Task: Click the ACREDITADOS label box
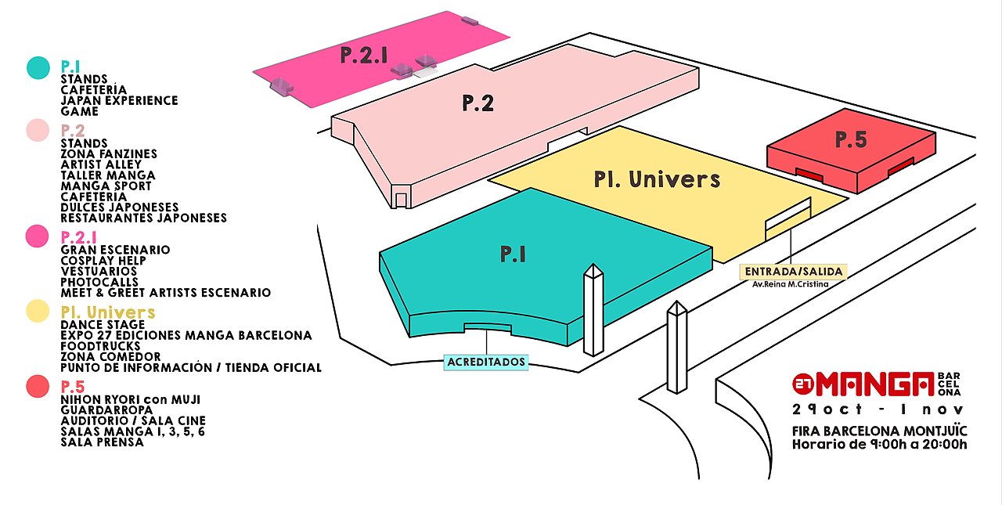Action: tap(485, 363)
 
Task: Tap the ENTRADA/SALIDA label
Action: tap(793, 272)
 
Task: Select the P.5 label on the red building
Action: tap(851, 140)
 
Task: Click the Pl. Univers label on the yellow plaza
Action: tap(657, 179)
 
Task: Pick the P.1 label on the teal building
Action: tap(513, 254)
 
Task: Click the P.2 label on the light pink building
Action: tap(478, 103)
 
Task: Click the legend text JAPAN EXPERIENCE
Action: tap(119, 101)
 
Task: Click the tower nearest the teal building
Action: tap(593, 309)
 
